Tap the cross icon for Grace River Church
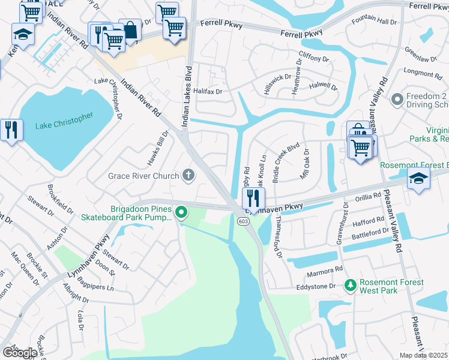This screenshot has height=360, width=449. click(x=188, y=176)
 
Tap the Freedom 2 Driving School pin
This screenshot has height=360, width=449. click(x=396, y=98)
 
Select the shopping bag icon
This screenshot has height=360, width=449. click(x=130, y=31)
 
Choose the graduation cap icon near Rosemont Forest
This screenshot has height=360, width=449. click(x=418, y=178)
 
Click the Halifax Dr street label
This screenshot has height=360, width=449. click(x=207, y=91)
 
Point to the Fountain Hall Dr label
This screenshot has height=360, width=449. click(x=375, y=22)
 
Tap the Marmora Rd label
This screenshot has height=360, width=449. click(x=327, y=269)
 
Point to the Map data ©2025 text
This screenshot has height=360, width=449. click(x=424, y=355)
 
